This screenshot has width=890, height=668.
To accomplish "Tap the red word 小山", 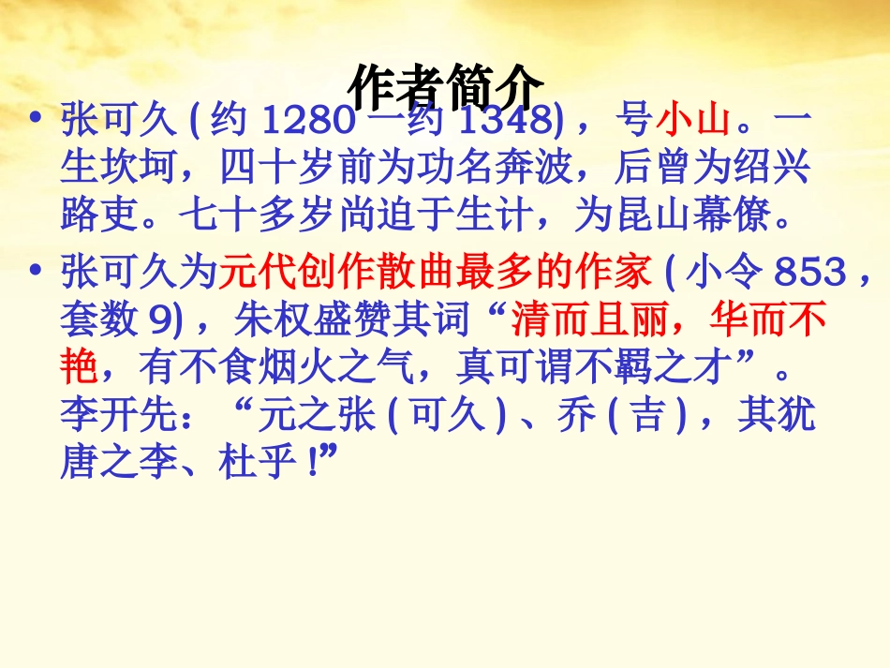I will (691, 122).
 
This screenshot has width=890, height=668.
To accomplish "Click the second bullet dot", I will (36, 273).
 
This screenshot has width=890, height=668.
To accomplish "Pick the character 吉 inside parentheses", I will (648, 417).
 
